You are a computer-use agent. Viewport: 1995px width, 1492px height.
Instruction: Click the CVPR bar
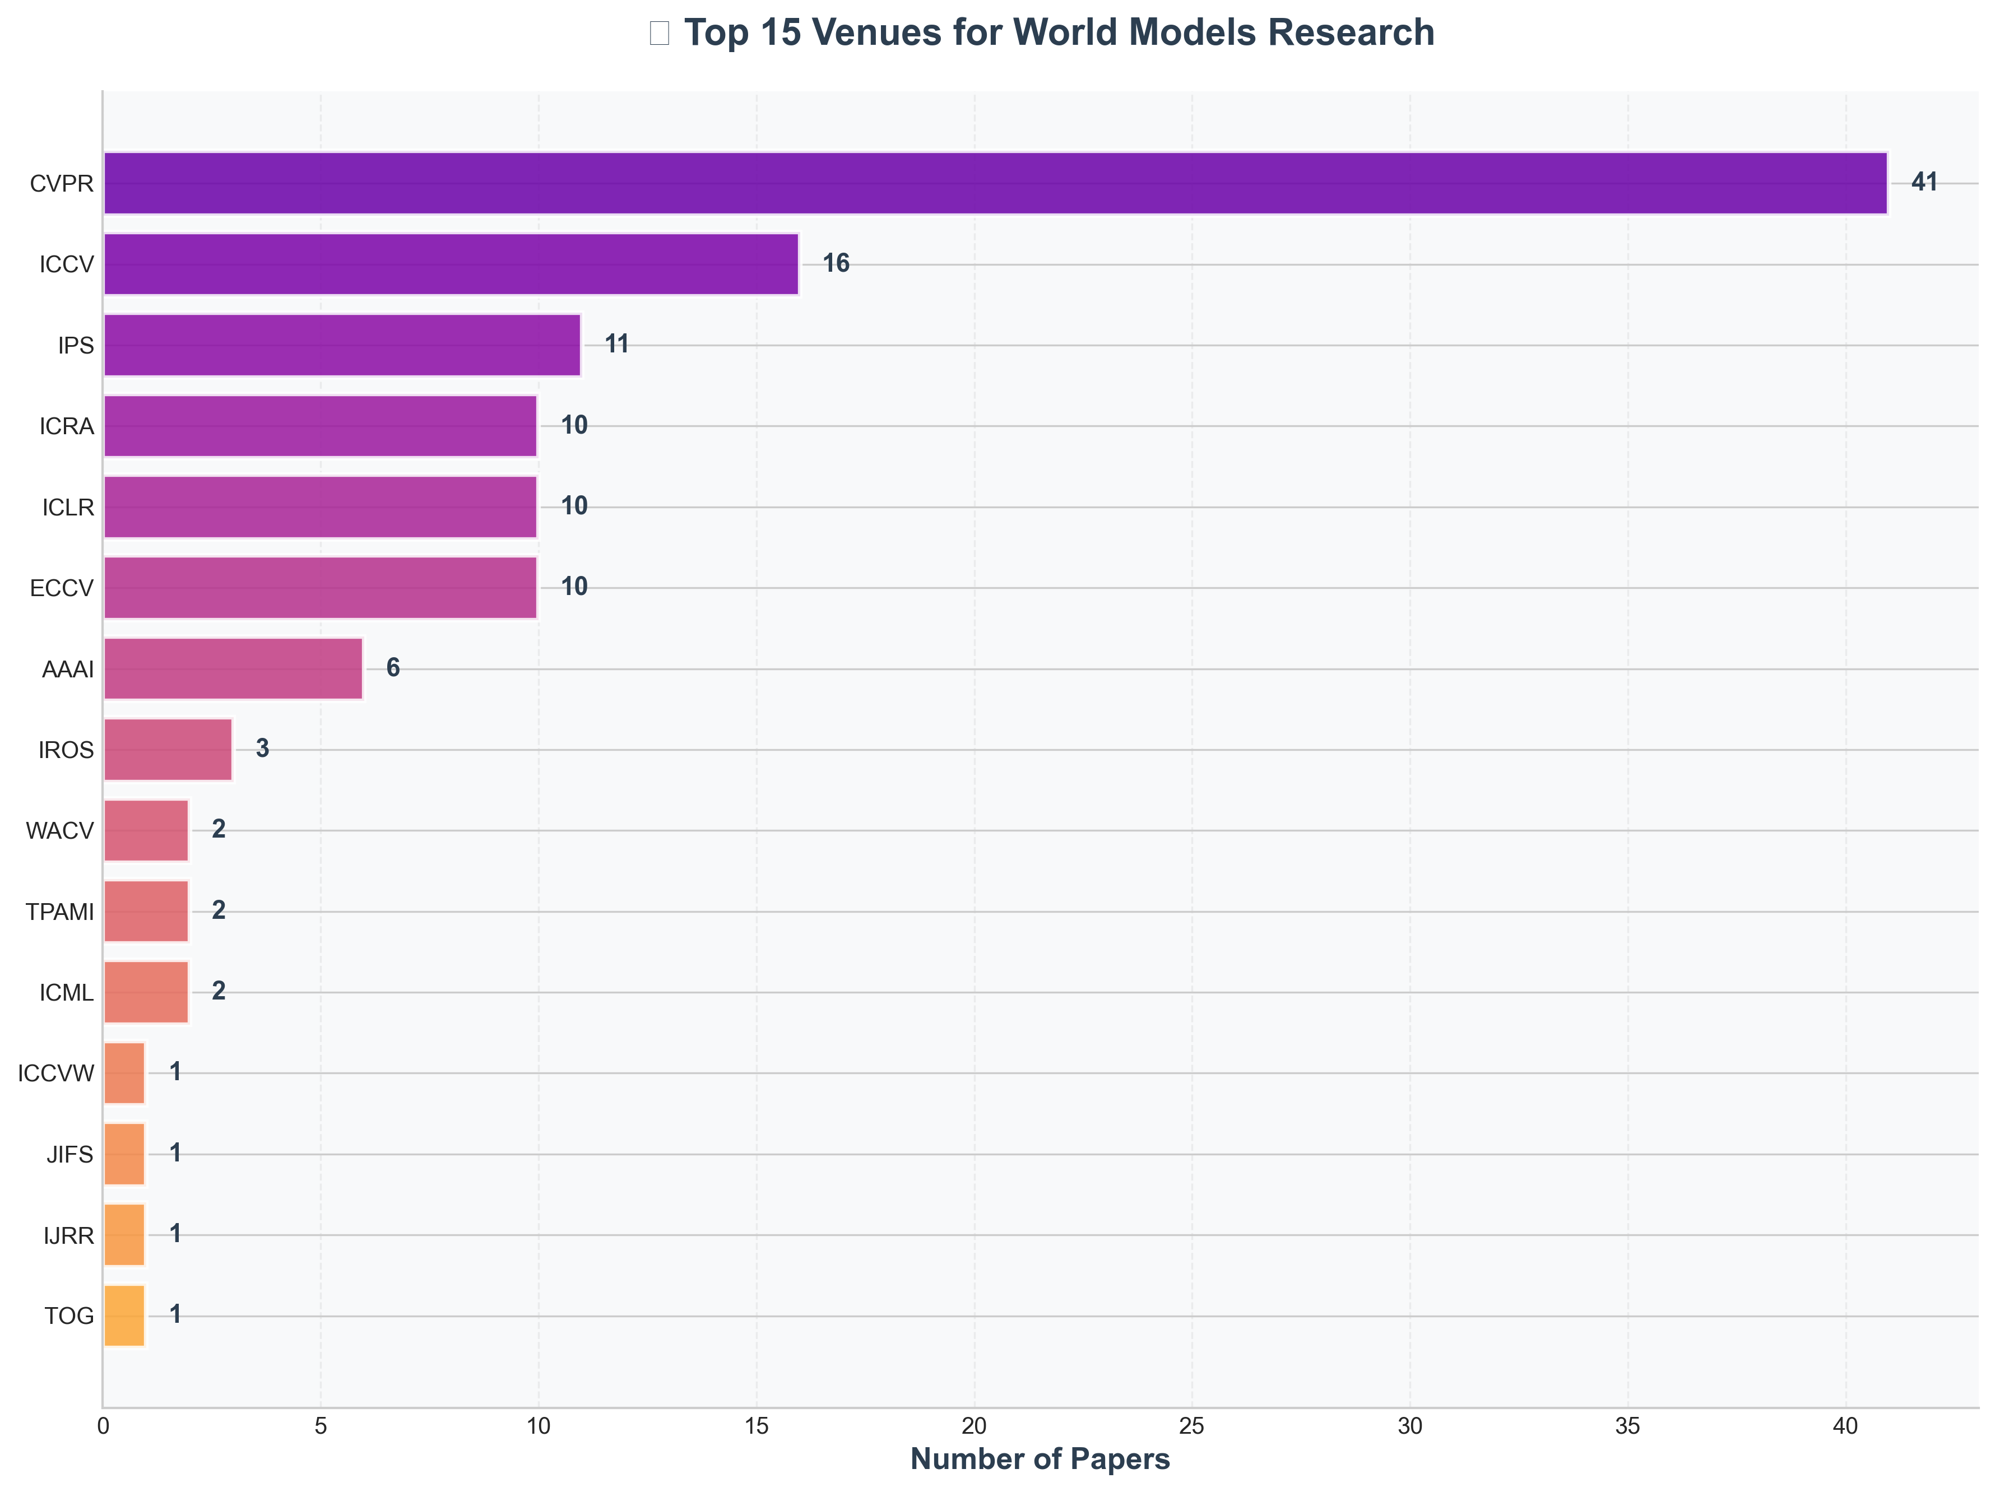tap(995, 183)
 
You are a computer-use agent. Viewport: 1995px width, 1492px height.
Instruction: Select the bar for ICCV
tap(451, 264)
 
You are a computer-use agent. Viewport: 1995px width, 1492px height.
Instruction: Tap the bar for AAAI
tap(233, 668)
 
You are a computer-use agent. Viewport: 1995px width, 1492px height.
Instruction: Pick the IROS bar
tap(168, 749)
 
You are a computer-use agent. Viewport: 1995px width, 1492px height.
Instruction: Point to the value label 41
tap(1924, 182)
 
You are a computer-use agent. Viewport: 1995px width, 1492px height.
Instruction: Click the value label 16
tap(835, 263)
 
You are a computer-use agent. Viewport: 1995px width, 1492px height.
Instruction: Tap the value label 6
tap(392, 667)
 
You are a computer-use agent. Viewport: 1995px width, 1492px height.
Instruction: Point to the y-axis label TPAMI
tap(59, 912)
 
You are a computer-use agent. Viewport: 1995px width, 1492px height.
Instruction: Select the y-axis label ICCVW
tap(56, 1073)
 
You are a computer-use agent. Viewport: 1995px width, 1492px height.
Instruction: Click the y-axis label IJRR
tap(68, 1235)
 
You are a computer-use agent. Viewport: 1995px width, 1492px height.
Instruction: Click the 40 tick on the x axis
tap(1845, 1426)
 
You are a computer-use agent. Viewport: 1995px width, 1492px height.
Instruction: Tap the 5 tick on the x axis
tap(320, 1426)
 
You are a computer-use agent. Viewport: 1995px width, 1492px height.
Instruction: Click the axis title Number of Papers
tap(1040, 1458)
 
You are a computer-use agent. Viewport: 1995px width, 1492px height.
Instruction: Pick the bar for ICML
tap(146, 992)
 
